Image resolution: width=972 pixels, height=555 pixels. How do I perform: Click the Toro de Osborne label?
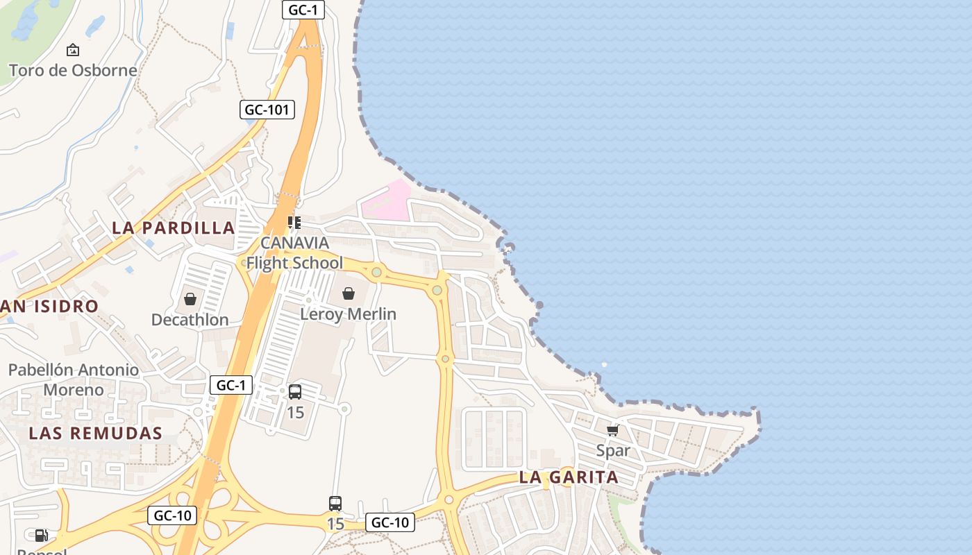(x=72, y=70)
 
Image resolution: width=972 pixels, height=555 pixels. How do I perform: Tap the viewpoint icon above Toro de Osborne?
(x=72, y=50)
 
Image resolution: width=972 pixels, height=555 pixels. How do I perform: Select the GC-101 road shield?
(x=267, y=109)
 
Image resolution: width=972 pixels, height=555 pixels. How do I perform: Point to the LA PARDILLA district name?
(x=173, y=228)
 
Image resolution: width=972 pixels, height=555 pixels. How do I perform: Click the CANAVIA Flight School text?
(x=294, y=253)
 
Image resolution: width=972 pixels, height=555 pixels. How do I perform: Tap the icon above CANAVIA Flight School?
(x=294, y=223)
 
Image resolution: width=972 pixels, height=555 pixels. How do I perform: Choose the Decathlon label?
(x=190, y=320)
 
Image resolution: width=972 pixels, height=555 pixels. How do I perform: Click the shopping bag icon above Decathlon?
(x=190, y=299)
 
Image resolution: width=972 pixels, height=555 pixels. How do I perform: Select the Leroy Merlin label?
(x=348, y=314)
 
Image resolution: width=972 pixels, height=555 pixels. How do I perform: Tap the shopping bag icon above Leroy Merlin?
(x=349, y=293)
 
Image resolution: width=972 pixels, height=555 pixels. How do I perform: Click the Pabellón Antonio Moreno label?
(x=74, y=379)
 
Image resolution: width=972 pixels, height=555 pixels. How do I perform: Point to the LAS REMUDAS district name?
(x=95, y=434)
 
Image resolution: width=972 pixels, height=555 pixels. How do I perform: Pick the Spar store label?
(x=613, y=450)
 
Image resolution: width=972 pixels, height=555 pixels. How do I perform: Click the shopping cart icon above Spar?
(x=612, y=430)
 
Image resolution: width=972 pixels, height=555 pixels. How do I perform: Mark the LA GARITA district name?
(x=569, y=477)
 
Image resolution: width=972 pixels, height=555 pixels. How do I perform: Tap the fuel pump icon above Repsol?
(x=41, y=535)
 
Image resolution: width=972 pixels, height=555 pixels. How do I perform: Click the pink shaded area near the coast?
(x=387, y=202)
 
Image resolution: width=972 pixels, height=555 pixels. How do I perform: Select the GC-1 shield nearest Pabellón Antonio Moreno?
(x=231, y=385)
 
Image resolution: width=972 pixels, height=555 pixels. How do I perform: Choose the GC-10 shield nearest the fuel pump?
(x=172, y=515)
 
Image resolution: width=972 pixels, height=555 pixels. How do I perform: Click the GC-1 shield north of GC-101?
(x=303, y=9)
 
